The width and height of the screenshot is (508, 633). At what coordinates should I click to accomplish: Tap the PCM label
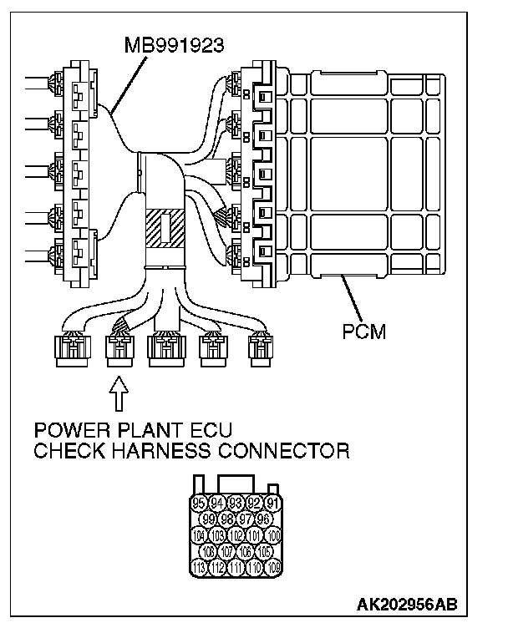[364, 332]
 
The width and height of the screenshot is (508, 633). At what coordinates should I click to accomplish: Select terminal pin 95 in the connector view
[199, 503]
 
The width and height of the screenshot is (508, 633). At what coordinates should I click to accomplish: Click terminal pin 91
[272, 503]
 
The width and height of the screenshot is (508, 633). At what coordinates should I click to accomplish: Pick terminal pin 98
[226, 519]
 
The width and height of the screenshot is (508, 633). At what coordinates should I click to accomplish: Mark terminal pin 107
[226, 552]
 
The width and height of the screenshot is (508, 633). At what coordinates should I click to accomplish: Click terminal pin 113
[199, 568]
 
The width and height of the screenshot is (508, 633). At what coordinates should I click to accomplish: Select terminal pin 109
[272, 568]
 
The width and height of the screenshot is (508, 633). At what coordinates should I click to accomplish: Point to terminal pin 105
[263, 552]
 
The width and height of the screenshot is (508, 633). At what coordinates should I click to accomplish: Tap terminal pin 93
[236, 503]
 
